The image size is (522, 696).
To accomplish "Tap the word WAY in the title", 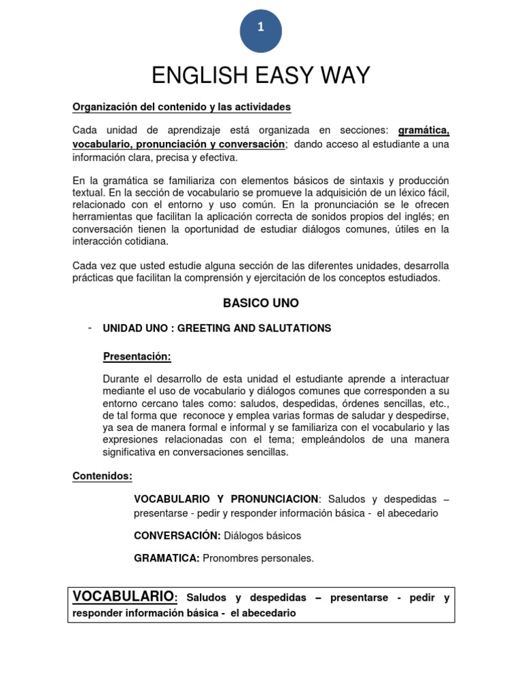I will point(345,75).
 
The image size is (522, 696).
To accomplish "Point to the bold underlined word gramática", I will point(423,130).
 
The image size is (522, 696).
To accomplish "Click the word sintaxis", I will point(355,180).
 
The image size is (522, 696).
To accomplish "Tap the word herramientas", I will point(102,217).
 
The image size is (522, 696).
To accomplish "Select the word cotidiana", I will point(146,241).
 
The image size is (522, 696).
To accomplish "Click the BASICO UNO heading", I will point(261,303).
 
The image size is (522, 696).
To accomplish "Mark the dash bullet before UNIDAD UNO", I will point(90,328).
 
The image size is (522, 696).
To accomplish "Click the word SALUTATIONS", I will point(298,328).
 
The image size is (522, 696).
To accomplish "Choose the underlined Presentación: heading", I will point(137,357).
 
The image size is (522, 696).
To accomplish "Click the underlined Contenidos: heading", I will point(102,476).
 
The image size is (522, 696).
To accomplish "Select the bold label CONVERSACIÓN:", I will point(168,536).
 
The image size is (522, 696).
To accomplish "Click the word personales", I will point(290,558).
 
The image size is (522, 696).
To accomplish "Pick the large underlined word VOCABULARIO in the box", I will point(123,597).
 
